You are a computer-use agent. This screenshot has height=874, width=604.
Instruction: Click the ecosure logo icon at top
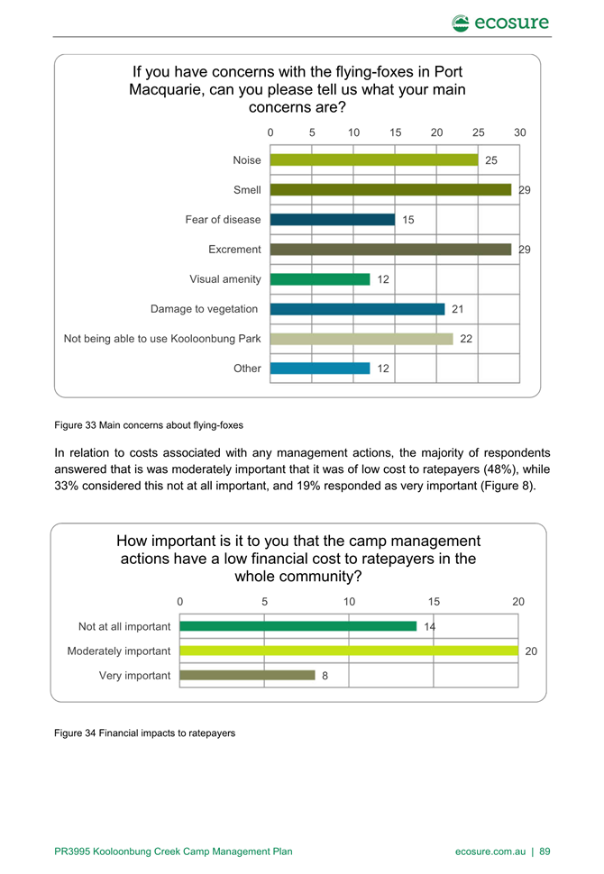click(x=460, y=23)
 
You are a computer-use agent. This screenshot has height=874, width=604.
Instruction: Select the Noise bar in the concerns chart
click(x=374, y=160)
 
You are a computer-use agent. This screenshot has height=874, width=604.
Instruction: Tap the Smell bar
click(x=391, y=189)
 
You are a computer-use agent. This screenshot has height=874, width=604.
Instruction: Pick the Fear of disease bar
click(x=333, y=220)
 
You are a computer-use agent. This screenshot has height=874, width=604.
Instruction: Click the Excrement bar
click(x=391, y=250)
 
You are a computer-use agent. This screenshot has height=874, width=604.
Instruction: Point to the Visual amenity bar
click(x=320, y=279)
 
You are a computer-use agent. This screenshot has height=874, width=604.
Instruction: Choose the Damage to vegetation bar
click(x=358, y=309)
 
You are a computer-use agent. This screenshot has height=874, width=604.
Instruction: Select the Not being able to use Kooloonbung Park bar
click(x=361, y=339)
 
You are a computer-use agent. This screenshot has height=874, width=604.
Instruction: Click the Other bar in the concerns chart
click(x=320, y=369)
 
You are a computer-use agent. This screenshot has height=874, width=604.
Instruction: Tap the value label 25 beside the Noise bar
click(x=490, y=160)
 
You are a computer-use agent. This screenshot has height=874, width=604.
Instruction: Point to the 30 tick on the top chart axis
click(x=520, y=132)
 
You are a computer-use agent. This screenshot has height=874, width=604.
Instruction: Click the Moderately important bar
click(x=349, y=651)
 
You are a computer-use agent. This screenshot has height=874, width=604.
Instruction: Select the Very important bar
click(x=248, y=675)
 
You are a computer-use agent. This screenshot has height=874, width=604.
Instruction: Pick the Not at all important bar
click(x=298, y=626)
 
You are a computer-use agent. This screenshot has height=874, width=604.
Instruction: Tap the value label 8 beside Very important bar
click(x=325, y=676)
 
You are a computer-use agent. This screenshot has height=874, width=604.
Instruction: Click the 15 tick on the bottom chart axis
click(x=434, y=601)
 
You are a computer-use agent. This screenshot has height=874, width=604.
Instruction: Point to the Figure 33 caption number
click(x=91, y=425)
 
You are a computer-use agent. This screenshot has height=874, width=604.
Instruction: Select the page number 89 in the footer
click(x=545, y=851)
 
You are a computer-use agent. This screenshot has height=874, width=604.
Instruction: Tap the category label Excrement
click(x=234, y=250)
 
